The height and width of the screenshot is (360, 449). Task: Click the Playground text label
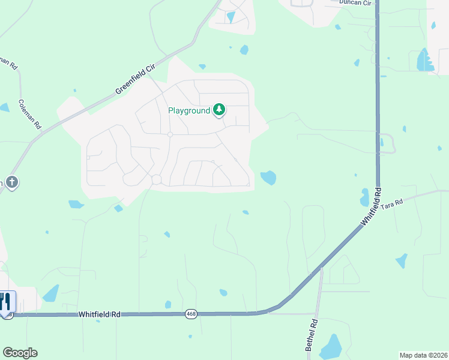189,110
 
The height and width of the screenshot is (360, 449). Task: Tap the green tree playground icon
220,110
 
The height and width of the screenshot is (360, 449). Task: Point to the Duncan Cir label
355,3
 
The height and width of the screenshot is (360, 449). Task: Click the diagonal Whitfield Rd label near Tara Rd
371,207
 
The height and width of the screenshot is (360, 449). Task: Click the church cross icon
13,182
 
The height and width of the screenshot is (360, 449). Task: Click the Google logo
20,353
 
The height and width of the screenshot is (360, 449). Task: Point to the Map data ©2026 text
423,355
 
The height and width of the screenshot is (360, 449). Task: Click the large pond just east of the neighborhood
268,178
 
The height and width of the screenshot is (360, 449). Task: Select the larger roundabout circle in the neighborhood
157,179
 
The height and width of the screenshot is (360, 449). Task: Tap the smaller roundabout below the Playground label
170,134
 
